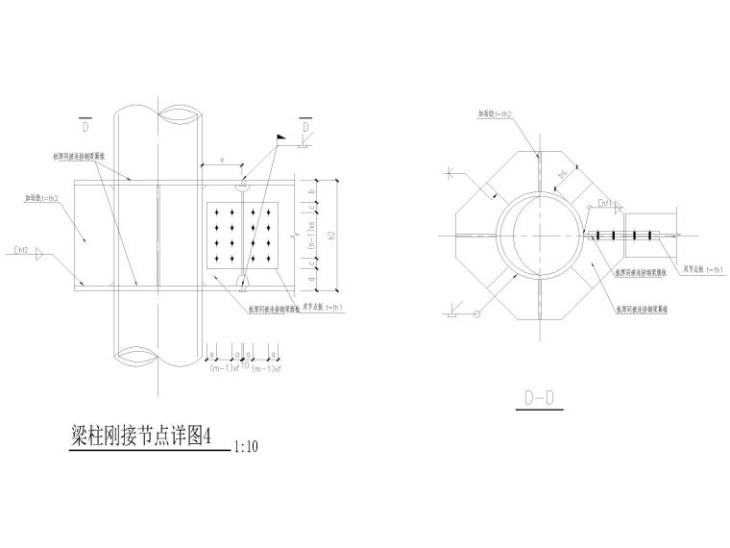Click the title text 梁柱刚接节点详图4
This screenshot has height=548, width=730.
point(140,436)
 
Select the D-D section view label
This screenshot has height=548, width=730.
point(541,397)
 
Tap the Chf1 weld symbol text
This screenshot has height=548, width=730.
point(604,204)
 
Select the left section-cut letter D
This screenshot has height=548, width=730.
point(85,126)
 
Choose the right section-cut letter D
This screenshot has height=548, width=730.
point(304,126)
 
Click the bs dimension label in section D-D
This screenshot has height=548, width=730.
point(565,173)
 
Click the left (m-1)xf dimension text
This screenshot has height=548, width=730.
point(224,367)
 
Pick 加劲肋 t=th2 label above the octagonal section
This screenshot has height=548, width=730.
point(494,113)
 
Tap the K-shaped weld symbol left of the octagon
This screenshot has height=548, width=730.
point(450,173)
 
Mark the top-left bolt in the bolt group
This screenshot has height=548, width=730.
point(220,212)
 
